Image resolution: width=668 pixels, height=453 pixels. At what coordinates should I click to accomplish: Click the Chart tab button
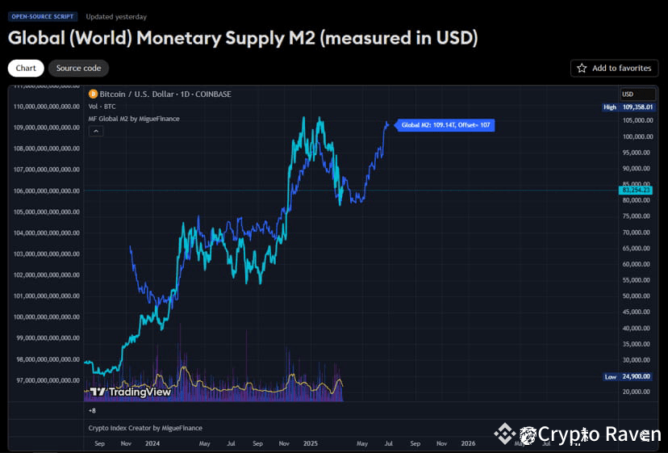tap(26, 69)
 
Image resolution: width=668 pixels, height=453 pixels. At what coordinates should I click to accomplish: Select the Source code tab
tap(78, 69)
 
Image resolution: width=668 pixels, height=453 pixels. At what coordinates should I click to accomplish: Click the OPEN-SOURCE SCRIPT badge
tap(43, 16)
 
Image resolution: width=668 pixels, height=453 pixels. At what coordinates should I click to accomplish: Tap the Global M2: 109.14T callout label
tap(445, 125)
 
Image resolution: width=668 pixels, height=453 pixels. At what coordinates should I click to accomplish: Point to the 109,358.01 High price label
tap(637, 107)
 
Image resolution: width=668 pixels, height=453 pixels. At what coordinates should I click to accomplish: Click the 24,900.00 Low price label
tap(637, 377)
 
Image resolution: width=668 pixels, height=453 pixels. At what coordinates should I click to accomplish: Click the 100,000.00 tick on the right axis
tap(637, 136)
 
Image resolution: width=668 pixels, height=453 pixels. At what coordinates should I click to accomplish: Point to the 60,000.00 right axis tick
tap(637, 264)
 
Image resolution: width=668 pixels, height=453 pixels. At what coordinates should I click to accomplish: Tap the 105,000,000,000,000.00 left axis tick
tap(47, 212)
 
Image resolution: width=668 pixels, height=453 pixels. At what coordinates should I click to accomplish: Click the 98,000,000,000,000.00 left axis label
tap(47, 359)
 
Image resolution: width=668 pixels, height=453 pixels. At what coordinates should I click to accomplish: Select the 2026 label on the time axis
tap(468, 443)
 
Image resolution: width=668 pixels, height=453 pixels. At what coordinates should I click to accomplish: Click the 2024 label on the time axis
tap(152, 443)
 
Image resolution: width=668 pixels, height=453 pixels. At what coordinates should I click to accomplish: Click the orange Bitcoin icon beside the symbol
tap(92, 94)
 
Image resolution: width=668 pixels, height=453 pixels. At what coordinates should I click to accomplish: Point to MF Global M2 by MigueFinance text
tap(134, 119)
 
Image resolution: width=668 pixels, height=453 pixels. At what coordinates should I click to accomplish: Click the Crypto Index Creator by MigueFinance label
tap(145, 428)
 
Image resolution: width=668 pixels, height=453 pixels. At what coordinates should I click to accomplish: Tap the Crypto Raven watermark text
tap(599, 434)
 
